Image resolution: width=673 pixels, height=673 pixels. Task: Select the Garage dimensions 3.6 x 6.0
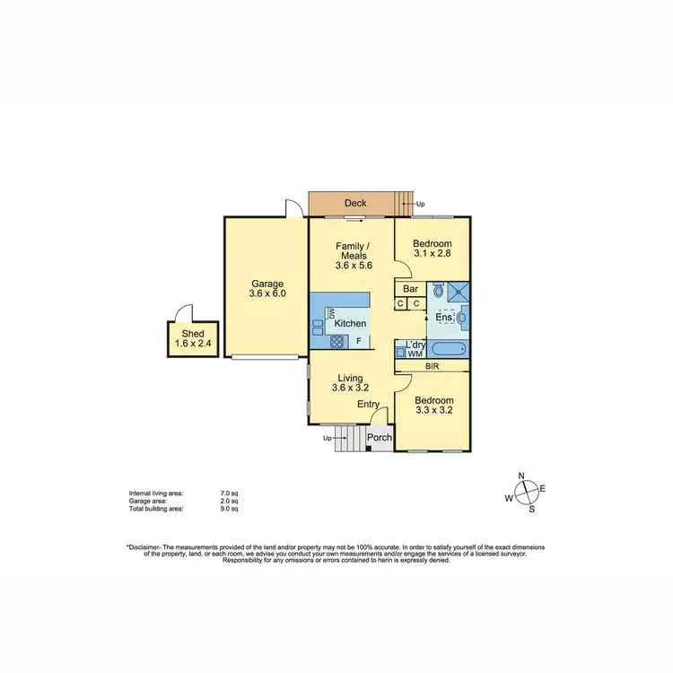point(267,293)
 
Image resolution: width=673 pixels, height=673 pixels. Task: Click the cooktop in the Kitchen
point(336,341)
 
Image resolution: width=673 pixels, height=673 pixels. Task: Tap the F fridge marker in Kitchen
point(359,341)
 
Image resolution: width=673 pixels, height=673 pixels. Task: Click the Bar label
point(412,289)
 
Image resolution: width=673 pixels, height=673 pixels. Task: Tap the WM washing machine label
point(414,354)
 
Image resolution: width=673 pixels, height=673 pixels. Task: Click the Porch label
point(380,439)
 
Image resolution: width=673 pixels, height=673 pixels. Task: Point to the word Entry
point(369,405)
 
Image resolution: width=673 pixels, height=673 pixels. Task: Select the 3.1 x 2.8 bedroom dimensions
point(432,255)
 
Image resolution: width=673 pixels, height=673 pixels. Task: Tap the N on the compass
point(521,476)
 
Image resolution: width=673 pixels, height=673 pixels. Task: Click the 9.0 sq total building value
point(230,509)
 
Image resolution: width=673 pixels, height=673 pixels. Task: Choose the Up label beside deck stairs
point(420,204)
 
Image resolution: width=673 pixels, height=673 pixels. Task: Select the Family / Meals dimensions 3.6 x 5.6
point(353,266)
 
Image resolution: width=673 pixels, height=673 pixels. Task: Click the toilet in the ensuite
point(438,291)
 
